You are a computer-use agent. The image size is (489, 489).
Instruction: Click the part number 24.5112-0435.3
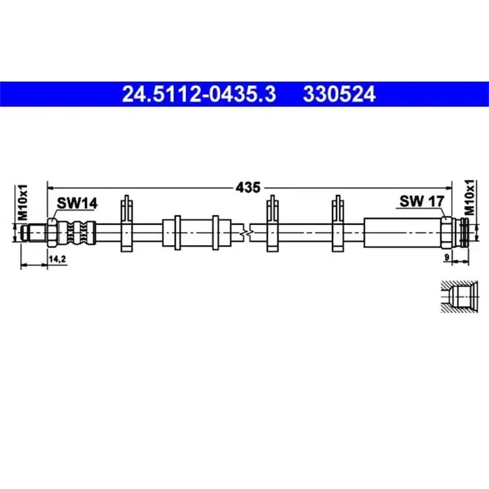click(x=199, y=94)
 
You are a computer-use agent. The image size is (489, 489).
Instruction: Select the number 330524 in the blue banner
click(x=339, y=94)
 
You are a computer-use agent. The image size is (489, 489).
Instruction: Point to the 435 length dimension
click(x=247, y=187)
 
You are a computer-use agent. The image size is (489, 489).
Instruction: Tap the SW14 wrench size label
click(x=77, y=203)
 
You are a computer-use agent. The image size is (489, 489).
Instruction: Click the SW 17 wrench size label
click(x=422, y=202)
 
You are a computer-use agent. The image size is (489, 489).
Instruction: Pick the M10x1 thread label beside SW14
click(x=23, y=203)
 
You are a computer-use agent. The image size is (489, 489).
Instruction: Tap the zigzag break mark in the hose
click(x=242, y=231)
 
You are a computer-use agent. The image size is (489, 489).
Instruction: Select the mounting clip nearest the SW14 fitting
click(x=126, y=224)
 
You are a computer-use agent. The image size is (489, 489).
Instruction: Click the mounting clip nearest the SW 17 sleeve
click(x=338, y=224)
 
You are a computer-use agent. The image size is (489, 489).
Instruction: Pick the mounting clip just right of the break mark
click(x=272, y=224)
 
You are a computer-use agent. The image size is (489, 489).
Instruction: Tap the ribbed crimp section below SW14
click(x=80, y=231)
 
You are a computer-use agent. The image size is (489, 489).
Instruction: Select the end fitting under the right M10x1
click(x=459, y=231)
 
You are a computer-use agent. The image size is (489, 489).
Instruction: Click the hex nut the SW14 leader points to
click(x=53, y=231)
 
